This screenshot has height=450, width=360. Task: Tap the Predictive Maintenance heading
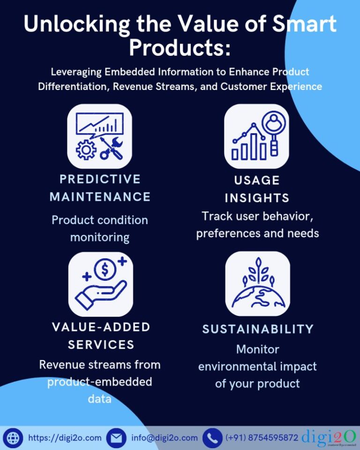[x=100, y=188]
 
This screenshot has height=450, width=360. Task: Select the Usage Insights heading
[x=257, y=189]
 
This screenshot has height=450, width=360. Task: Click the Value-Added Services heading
[x=101, y=336]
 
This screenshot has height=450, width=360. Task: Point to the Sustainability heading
[x=258, y=330]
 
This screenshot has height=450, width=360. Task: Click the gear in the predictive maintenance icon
[x=86, y=150]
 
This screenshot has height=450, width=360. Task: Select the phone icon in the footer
[x=212, y=438]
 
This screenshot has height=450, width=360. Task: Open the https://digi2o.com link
[x=65, y=438]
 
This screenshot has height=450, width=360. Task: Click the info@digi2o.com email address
[x=165, y=438]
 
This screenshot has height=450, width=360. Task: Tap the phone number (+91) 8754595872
[x=262, y=438]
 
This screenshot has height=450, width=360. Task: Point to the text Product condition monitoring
[x=100, y=229]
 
